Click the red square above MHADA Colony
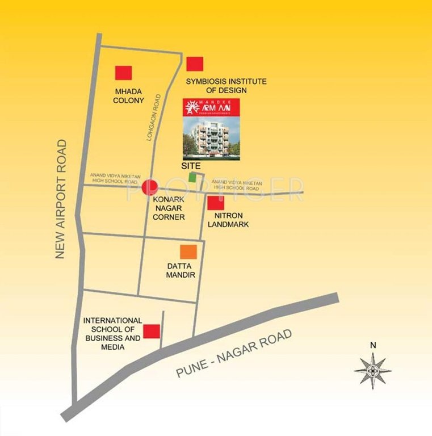click(x=123, y=73)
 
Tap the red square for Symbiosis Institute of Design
click(x=195, y=64)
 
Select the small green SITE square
click(x=194, y=177)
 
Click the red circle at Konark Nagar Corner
click(x=150, y=187)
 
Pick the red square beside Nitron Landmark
click(x=216, y=203)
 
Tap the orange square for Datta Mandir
click(x=188, y=251)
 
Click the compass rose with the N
click(x=372, y=370)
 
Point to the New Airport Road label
click(x=61, y=199)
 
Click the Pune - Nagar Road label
click(x=234, y=354)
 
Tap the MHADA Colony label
click(x=128, y=95)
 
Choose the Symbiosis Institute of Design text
click(x=227, y=86)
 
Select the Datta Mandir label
click(x=181, y=270)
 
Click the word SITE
click(x=191, y=165)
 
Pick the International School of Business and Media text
click(x=112, y=333)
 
